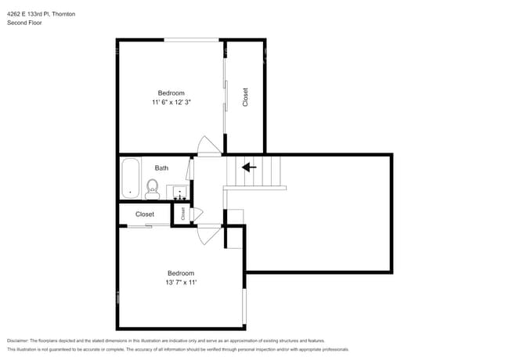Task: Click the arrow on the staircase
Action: click(x=249, y=167)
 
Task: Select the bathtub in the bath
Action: click(x=129, y=178)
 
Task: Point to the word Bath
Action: click(x=161, y=167)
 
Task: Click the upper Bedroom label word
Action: click(x=171, y=93)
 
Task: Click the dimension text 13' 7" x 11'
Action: click(x=181, y=283)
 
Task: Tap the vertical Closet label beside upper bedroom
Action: click(x=245, y=97)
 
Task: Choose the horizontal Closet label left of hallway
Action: click(x=145, y=214)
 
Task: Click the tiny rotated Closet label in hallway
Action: click(x=183, y=213)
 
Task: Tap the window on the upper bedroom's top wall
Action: click(x=192, y=40)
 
